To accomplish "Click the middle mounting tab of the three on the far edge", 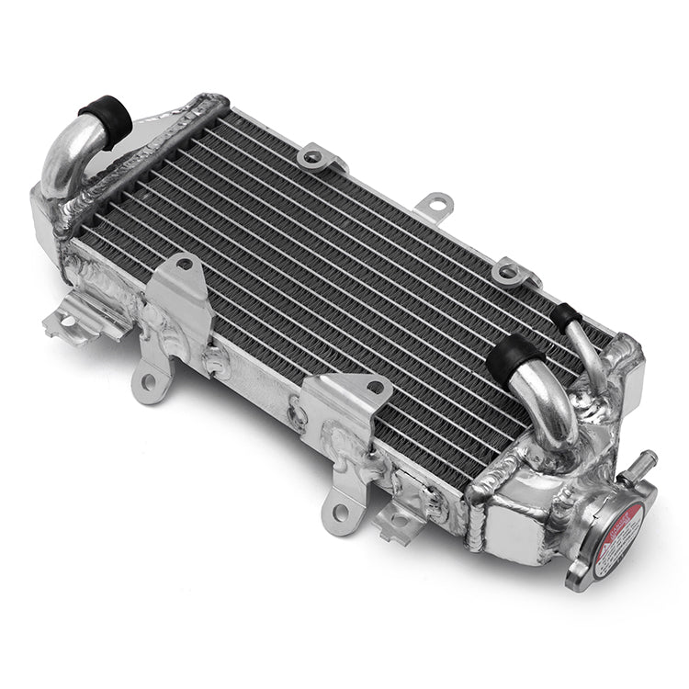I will point(435,204).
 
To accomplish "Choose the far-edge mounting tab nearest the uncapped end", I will point(317,157).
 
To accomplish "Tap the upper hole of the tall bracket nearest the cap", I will point(375,388).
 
